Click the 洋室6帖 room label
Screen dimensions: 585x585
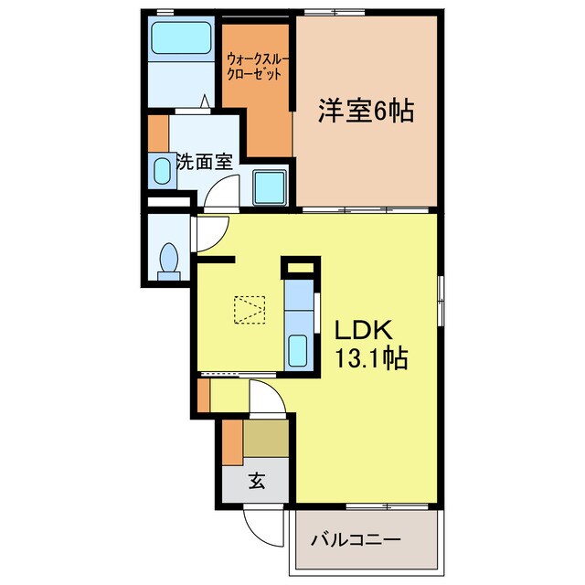coord(366,112)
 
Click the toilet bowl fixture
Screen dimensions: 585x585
coord(167,260)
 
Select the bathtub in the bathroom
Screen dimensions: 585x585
coord(181,37)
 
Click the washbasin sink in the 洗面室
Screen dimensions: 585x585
coord(161,170)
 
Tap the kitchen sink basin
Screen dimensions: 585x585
coord(297,350)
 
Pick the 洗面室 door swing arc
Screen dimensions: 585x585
coord(223,192)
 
